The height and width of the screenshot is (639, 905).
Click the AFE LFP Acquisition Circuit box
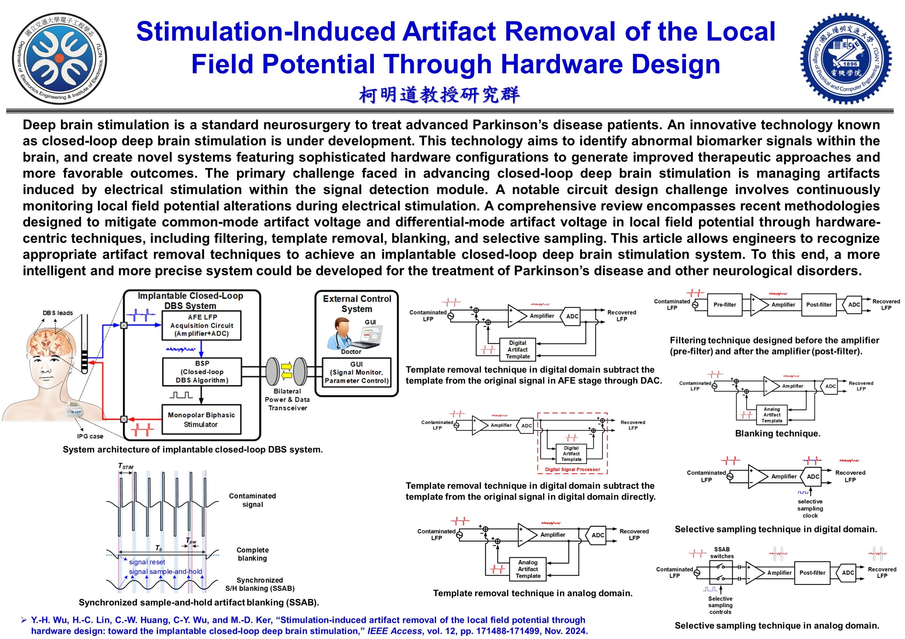(x=202, y=325)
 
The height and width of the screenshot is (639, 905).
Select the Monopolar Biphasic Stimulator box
(x=202, y=419)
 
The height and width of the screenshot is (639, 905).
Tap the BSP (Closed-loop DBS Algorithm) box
(x=202, y=372)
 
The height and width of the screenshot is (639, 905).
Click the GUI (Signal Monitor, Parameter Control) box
(x=356, y=372)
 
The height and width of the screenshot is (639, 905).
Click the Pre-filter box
(x=724, y=305)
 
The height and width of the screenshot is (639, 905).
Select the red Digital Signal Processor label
(x=572, y=470)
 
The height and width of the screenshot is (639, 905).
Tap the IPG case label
(x=90, y=436)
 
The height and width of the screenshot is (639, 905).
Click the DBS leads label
(x=58, y=313)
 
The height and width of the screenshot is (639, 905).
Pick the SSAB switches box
(x=720, y=573)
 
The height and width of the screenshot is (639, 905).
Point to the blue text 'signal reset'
(x=147, y=562)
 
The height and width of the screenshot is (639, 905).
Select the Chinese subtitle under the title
(x=439, y=95)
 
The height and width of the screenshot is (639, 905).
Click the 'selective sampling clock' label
(x=810, y=509)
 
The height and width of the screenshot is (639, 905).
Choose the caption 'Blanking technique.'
(x=777, y=434)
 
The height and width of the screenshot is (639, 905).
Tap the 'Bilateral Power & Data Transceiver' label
(x=287, y=400)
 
